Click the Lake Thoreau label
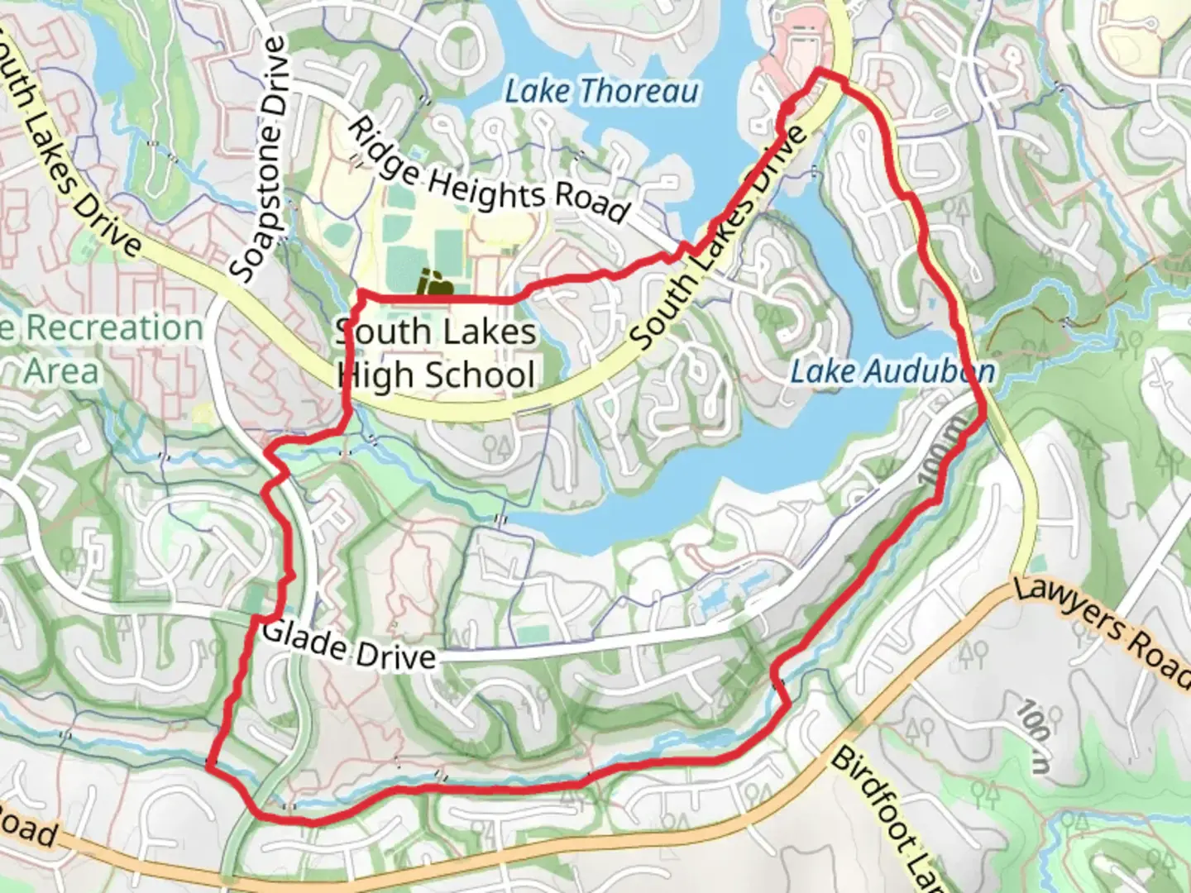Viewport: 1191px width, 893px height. click(x=601, y=91)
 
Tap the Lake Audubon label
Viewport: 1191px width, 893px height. click(x=892, y=371)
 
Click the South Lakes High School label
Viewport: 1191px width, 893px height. click(x=436, y=354)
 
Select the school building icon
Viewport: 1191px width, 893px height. click(x=434, y=284)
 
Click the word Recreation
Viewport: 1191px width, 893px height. click(x=114, y=328)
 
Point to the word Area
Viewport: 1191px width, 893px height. click(x=61, y=371)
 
